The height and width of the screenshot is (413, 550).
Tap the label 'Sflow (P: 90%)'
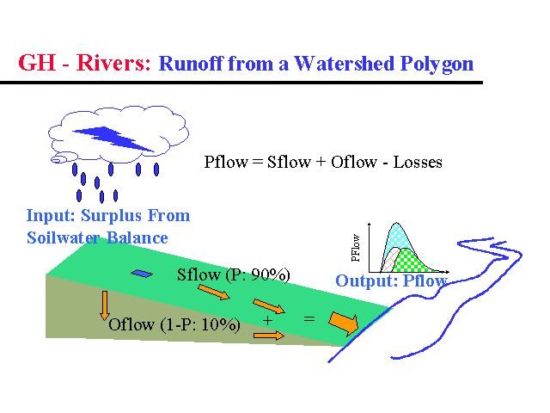click(x=234, y=274)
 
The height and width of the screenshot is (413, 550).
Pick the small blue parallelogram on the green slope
click(x=141, y=274)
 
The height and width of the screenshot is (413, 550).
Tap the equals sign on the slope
click(x=309, y=318)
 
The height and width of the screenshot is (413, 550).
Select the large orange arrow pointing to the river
click(x=345, y=323)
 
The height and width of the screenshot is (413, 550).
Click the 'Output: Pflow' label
click(x=391, y=281)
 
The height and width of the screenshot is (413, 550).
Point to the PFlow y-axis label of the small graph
click(x=356, y=247)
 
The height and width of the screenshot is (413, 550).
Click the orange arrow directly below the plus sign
click(x=268, y=336)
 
